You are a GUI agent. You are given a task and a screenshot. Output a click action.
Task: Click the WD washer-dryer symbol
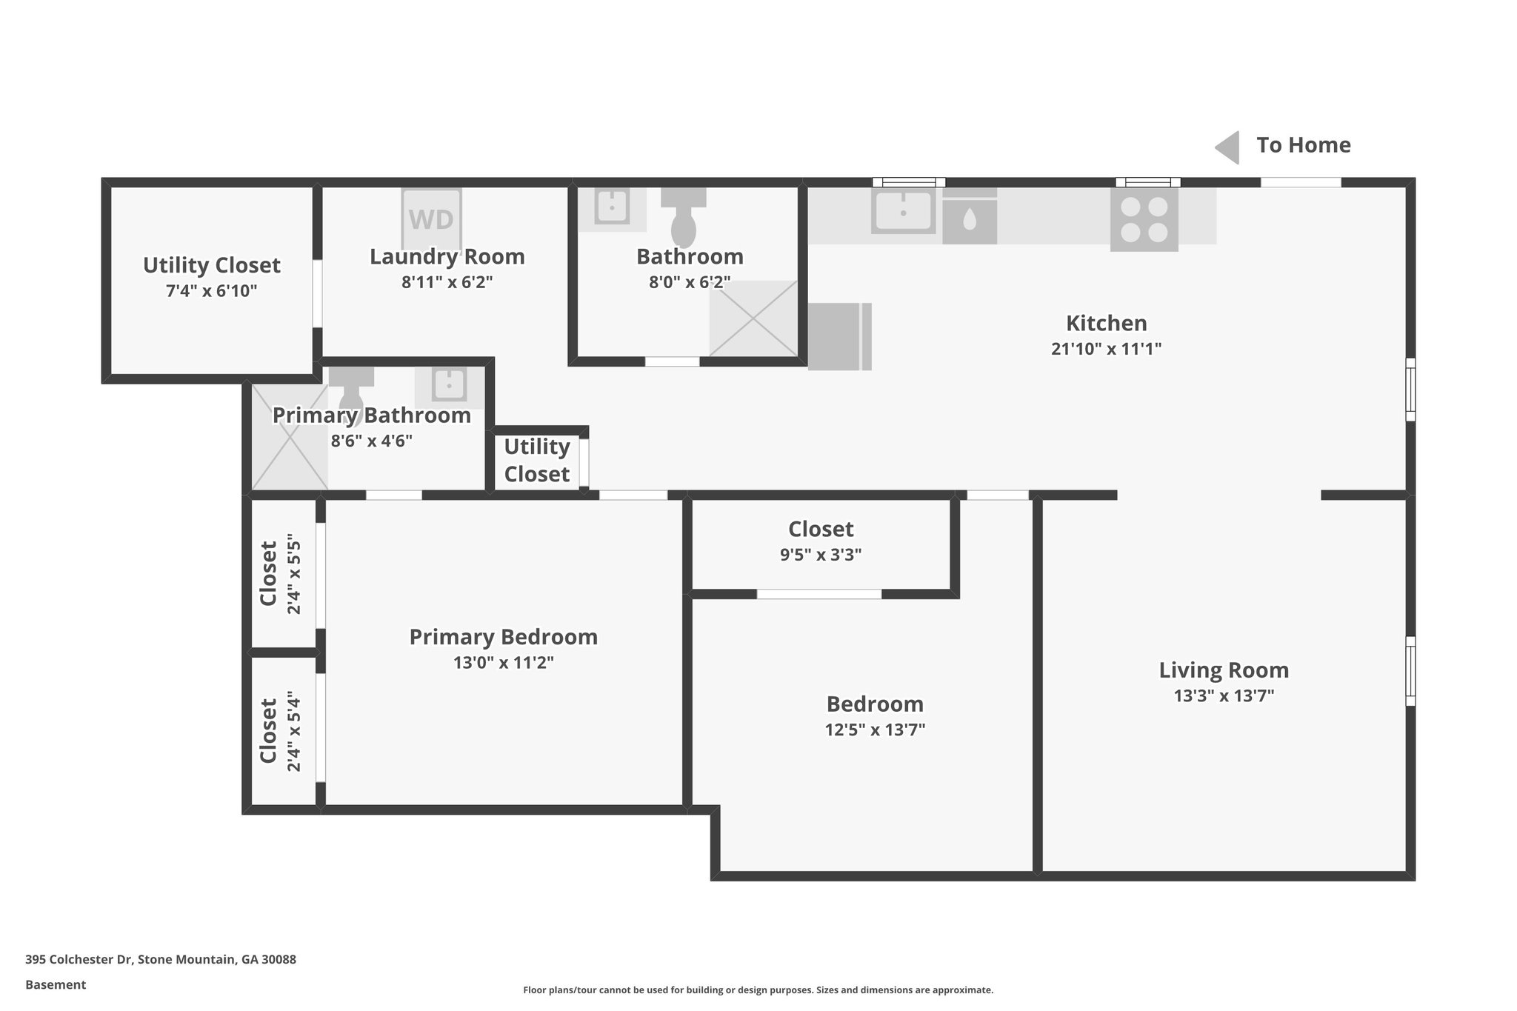[431, 219]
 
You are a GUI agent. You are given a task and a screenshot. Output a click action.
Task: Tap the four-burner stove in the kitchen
[1144, 220]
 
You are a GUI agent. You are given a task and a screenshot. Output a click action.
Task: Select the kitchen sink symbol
[903, 212]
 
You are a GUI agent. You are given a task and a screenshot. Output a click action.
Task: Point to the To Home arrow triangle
[1228, 147]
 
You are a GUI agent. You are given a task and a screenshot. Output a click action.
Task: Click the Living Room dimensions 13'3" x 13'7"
[1224, 695]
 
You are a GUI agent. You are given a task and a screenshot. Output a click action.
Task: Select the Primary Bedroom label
[503, 637]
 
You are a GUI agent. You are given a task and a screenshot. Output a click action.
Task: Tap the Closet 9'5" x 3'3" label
[820, 529]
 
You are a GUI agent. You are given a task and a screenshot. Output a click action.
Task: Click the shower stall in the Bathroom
[753, 318]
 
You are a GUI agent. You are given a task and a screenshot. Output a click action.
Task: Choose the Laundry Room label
[447, 256]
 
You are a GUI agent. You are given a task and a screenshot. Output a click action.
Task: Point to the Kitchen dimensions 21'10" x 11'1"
[1105, 348]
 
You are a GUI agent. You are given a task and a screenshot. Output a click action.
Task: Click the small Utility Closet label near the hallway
[536, 460]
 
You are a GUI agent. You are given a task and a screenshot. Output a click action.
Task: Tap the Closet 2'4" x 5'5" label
[268, 573]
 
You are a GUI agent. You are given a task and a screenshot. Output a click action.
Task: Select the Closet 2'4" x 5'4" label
[268, 731]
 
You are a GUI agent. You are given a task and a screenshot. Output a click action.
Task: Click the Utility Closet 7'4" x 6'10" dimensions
[211, 290]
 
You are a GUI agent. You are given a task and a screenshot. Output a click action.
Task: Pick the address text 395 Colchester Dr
[160, 959]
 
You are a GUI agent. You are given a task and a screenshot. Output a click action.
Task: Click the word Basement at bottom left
[56, 984]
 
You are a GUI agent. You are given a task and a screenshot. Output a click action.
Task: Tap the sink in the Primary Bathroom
[448, 385]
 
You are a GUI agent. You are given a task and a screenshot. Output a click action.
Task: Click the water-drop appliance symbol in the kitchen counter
[969, 219]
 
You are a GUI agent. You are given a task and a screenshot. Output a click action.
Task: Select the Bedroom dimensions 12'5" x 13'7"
[875, 730]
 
